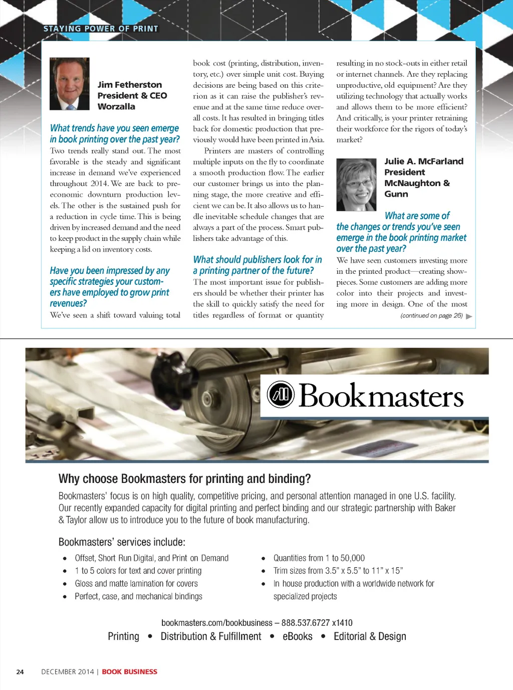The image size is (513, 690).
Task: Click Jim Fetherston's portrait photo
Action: [70, 84]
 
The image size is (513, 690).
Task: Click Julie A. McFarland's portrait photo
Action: [356, 185]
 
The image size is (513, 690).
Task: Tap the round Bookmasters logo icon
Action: [281, 395]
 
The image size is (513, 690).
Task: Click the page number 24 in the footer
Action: [20, 672]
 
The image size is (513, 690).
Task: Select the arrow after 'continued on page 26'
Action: [469, 316]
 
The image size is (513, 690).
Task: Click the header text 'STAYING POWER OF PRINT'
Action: [101, 29]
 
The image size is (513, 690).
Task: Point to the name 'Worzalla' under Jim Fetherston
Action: [116, 106]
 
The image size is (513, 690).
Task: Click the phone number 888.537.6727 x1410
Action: [317, 623]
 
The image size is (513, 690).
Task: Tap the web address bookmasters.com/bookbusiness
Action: [217, 623]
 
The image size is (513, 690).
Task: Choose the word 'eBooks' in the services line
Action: [298, 636]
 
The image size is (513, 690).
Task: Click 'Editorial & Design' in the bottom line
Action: [370, 636]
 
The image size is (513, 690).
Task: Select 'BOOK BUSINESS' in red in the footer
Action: [130, 672]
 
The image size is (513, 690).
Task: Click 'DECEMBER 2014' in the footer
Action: [68, 672]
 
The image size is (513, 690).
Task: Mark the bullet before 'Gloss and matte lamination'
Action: [65, 584]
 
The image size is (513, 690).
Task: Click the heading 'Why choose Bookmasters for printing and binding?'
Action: [184, 479]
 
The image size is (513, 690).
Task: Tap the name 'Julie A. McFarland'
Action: [424, 161]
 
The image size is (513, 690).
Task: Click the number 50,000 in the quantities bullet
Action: [353, 558]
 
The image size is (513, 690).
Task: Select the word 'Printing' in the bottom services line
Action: [124, 636]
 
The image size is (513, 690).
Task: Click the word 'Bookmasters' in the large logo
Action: [381, 396]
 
